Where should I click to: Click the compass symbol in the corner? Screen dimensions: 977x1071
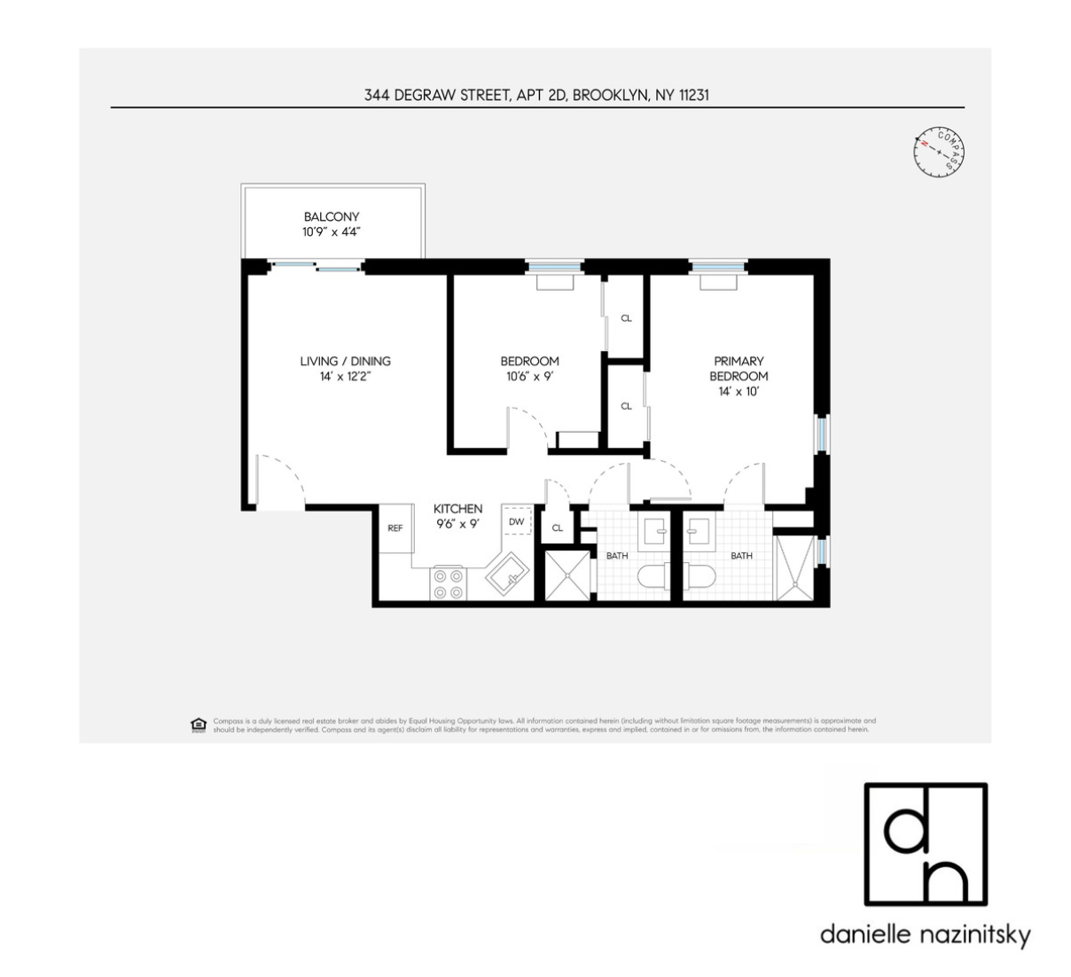pyautogui.click(x=939, y=150)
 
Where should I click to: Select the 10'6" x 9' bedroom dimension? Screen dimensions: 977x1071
pyautogui.click(x=529, y=376)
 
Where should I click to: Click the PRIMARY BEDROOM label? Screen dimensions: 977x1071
pyautogui.click(x=738, y=368)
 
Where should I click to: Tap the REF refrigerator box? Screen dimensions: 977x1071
pyautogui.click(x=395, y=528)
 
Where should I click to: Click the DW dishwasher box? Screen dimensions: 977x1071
pyautogui.click(x=516, y=522)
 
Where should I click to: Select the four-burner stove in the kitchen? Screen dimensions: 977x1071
pyautogui.click(x=448, y=582)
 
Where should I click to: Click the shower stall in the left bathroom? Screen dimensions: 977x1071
pyautogui.click(x=566, y=575)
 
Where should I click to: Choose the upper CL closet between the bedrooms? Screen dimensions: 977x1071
pyautogui.click(x=626, y=317)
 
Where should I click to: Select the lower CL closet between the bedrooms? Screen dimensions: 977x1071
pyautogui.click(x=626, y=406)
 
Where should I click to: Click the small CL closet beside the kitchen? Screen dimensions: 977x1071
pyautogui.click(x=557, y=528)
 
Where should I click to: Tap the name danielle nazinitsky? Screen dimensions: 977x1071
pyautogui.click(x=925, y=935)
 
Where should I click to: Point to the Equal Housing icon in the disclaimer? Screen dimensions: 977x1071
pyautogui.click(x=198, y=724)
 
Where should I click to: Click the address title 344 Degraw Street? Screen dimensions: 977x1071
pyautogui.click(x=536, y=94)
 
